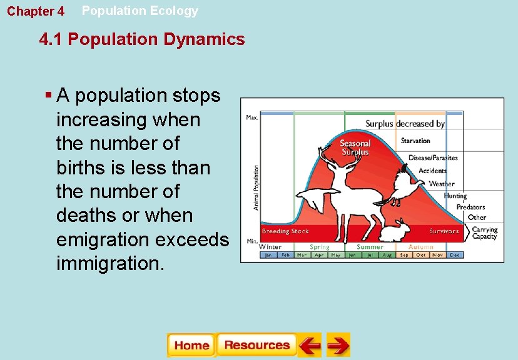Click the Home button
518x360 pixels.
click(x=191, y=345)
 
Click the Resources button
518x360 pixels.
click(x=256, y=345)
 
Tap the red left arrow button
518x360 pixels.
click(x=309, y=345)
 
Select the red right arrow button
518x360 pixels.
click(x=338, y=345)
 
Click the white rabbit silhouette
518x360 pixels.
click(x=395, y=231)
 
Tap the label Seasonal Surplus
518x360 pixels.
click(x=355, y=147)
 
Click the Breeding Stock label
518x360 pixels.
click(x=285, y=231)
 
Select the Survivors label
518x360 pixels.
click(x=444, y=231)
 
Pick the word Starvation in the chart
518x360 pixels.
click(x=415, y=141)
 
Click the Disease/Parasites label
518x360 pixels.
click(x=433, y=157)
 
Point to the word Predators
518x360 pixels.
click(x=470, y=207)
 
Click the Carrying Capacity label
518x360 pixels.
click(x=484, y=232)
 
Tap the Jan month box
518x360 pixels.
click(x=268, y=255)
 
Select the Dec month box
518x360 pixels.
click(x=455, y=255)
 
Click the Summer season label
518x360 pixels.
click(x=370, y=247)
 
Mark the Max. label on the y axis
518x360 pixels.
click(x=252, y=117)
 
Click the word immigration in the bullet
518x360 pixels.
click(x=110, y=262)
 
